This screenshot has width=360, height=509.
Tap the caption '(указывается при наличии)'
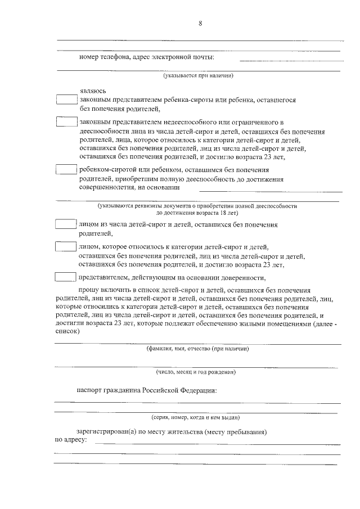(198, 75)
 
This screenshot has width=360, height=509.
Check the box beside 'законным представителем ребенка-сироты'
(67, 100)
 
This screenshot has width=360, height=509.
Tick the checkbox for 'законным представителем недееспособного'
(67, 121)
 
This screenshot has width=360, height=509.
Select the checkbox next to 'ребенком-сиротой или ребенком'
(67, 169)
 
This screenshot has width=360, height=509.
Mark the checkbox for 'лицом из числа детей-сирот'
(66, 224)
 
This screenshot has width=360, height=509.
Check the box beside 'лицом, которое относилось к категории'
(66, 246)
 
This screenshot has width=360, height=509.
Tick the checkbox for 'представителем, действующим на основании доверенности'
(66, 277)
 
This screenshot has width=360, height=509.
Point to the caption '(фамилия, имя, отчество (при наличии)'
(197, 349)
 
